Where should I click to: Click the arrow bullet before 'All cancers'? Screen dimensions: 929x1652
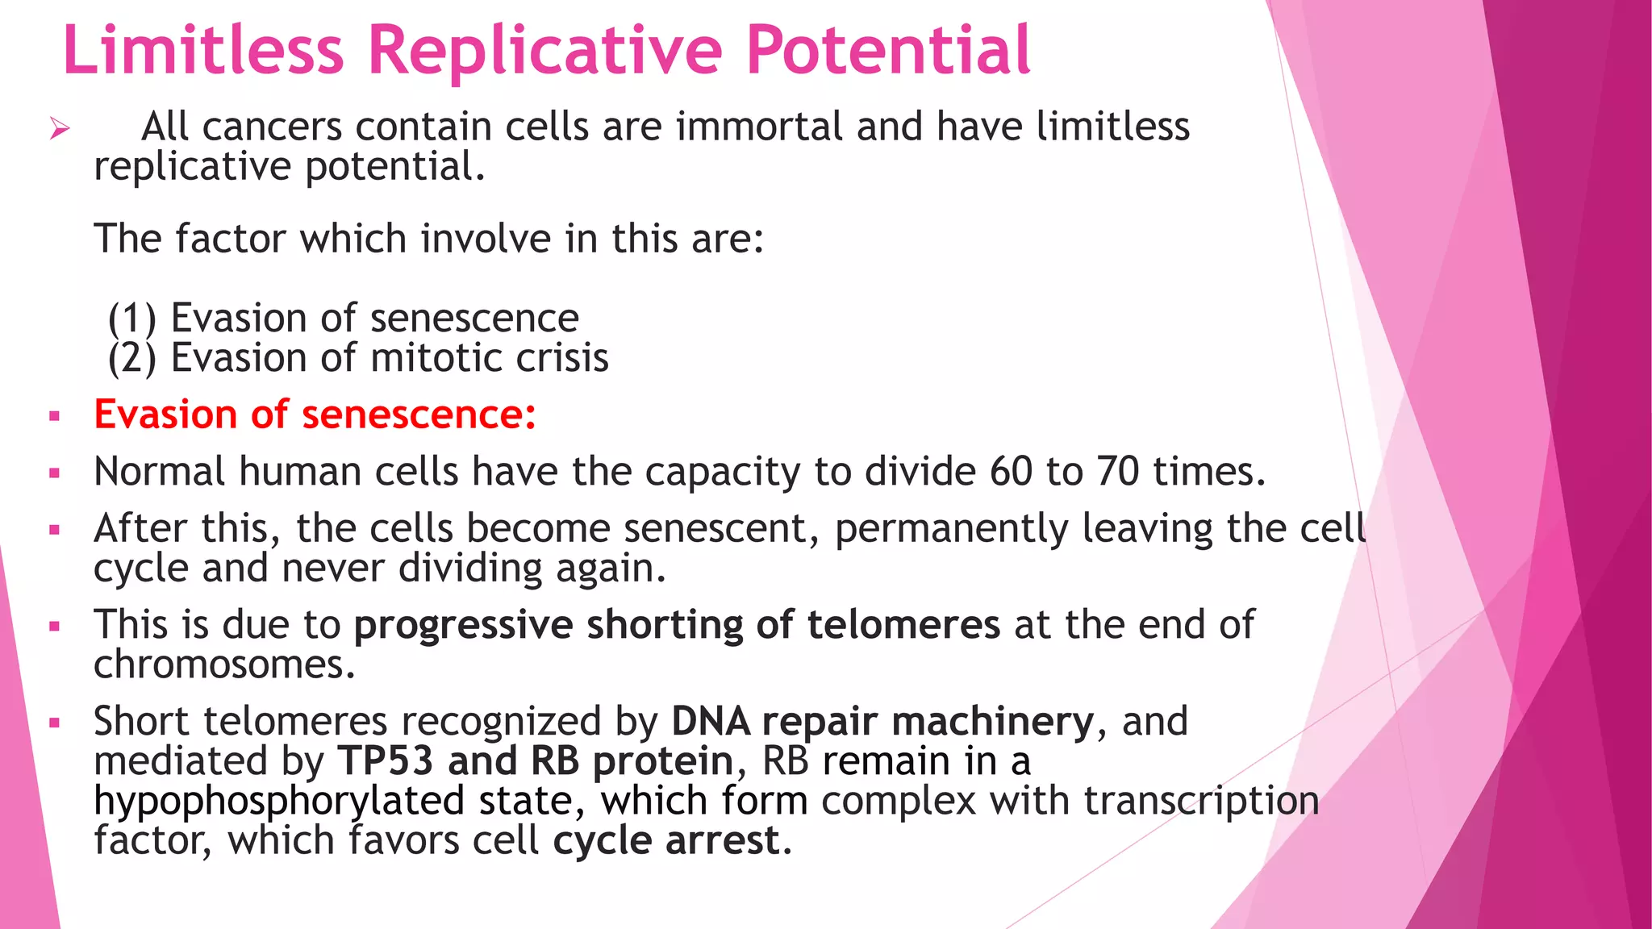(x=59, y=128)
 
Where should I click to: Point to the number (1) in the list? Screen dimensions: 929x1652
(x=131, y=319)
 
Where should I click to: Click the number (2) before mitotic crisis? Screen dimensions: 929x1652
(x=131, y=358)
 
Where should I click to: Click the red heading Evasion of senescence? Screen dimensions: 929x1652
(x=315, y=415)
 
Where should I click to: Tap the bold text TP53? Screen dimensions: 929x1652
(x=385, y=761)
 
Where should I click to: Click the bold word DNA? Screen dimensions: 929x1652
(x=710, y=722)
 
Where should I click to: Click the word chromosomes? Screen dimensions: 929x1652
(x=224, y=665)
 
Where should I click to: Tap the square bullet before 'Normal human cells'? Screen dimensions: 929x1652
(x=55, y=473)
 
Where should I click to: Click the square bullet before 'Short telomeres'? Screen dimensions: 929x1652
(x=55, y=723)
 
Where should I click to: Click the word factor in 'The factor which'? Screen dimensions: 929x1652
(x=230, y=239)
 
